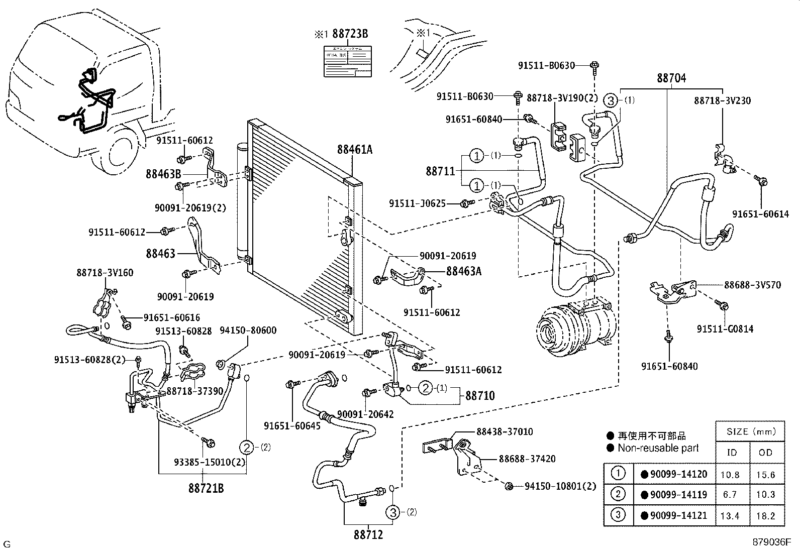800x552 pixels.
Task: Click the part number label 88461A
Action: [x=355, y=149]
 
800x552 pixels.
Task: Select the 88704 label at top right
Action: [x=671, y=78]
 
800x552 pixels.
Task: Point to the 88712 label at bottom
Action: [x=364, y=535]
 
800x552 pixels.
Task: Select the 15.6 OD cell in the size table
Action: [x=765, y=475]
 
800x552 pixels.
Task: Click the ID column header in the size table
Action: [x=732, y=453]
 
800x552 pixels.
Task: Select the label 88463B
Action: [x=163, y=174]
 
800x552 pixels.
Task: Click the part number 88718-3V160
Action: [x=105, y=273]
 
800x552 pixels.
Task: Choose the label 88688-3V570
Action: [x=752, y=285]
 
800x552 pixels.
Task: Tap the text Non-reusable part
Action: [x=658, y=448]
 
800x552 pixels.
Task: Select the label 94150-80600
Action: [x=251, y=330]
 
